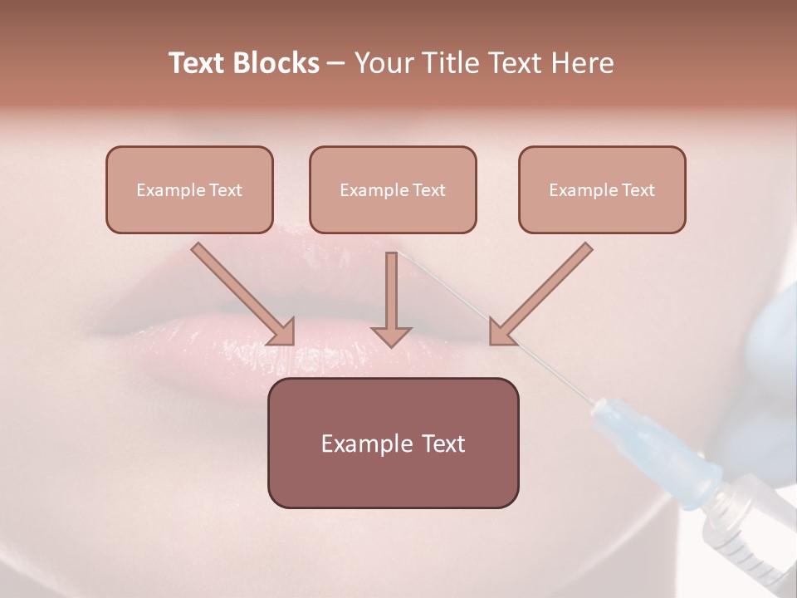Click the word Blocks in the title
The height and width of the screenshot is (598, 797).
(x=276, y=63)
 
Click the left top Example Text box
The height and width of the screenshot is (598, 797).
(x=189, y=189)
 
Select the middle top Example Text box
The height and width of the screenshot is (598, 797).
(x=393, y=189)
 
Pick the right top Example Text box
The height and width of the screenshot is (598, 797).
(x=602, y=189)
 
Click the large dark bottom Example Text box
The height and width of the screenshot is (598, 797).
(x=393, y=443)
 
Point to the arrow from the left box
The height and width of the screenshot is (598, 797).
(x=243, y=293)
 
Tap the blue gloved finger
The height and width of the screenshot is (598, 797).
(x=772, y=357)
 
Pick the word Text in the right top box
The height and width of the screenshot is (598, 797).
(x=638, y=189)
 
